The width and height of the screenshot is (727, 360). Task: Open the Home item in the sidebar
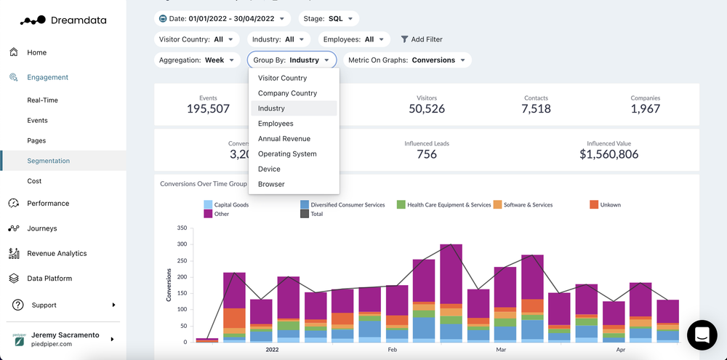(36, 52)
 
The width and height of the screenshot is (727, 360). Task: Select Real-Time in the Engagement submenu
(42, 100)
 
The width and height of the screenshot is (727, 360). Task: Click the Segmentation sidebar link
(48, 161)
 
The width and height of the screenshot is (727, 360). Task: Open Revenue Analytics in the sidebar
(57, 253)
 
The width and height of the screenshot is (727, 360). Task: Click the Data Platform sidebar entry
(49, 279)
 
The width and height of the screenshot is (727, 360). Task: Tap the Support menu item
(44, 305)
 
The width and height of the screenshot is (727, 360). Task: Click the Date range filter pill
(222, 18)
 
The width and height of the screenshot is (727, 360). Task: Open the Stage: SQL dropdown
(328, 18)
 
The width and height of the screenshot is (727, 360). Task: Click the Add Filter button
(422, 39)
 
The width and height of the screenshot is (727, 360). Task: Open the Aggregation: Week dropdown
(197, 60)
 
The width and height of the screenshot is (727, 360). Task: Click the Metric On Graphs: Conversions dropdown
(407, 60)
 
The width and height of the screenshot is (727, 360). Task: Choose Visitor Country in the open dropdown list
(282, 78)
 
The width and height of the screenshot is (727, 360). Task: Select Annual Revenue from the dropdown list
(284, 139)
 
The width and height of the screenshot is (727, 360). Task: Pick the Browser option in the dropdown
(271, 184)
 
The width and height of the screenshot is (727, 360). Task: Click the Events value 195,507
(208, 109)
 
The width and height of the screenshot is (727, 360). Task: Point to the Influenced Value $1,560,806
(608, 154)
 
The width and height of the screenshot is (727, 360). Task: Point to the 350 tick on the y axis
(182, 228)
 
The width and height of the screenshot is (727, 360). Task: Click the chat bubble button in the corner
(702, 335)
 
